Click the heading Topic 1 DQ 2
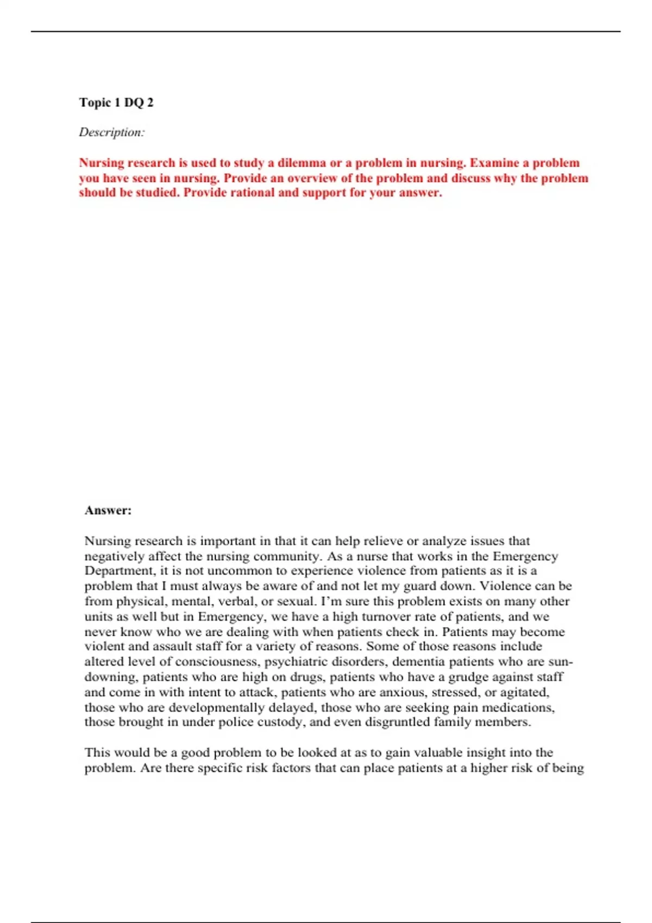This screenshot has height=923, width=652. coord(116,103)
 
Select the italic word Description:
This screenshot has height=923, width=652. coord(111,132)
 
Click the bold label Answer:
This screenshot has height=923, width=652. coord(108,510)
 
